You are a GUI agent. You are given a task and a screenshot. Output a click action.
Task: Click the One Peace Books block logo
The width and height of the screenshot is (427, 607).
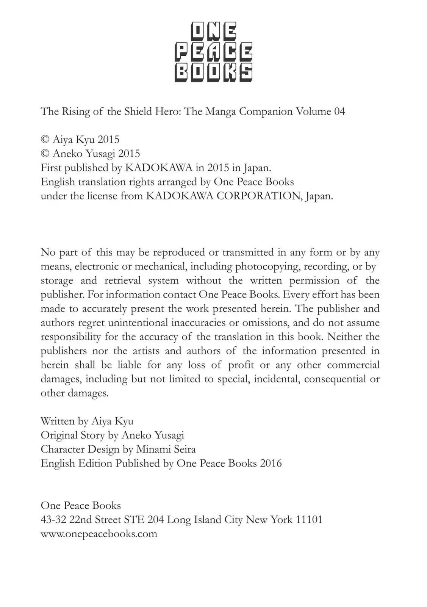coord(213,52)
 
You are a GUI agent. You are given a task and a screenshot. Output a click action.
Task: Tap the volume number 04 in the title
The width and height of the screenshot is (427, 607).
coord(339,112)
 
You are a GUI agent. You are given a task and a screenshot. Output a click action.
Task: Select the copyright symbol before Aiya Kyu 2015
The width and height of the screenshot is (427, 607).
coord(45,140)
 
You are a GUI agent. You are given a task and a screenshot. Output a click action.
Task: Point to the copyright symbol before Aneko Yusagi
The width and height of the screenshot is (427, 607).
coord(45,154)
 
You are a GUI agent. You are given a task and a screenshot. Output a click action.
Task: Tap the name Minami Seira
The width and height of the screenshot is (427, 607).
coord(166,449)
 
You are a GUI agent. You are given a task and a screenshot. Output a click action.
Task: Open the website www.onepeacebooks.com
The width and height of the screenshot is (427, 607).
coord(99,534)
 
